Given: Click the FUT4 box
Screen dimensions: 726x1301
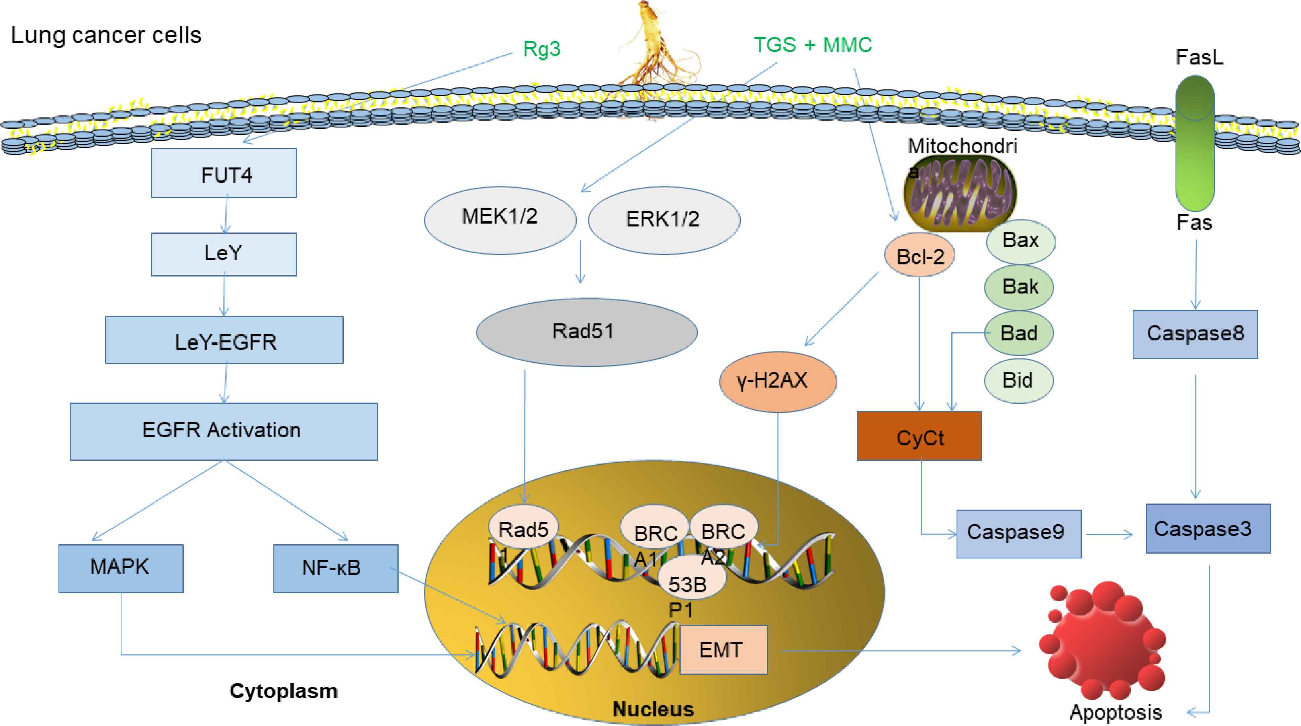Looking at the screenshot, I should point(224,173).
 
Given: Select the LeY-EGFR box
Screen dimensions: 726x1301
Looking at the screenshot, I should point(224,340).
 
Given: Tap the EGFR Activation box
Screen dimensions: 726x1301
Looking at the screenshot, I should point(224,431).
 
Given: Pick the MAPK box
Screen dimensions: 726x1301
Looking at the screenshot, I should point(121,568).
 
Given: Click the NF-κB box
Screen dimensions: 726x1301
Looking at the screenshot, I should point(335,568).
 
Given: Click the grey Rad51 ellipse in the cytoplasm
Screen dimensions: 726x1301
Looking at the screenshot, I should point(586,332).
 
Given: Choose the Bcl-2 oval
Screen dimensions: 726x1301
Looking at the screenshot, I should point(919,255).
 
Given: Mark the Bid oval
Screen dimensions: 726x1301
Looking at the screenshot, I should point(1019,380).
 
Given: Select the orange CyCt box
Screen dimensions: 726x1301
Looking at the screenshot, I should point(919,436).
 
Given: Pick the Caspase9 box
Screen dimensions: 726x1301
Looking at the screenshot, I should point(1018,533).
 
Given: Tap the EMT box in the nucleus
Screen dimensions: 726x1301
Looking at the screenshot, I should point(723,650).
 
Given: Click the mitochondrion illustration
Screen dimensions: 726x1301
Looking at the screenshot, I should point(959,193).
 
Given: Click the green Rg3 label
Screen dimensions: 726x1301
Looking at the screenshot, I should point(541,49).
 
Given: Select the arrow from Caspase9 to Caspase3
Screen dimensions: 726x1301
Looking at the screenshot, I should point(1110,535).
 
